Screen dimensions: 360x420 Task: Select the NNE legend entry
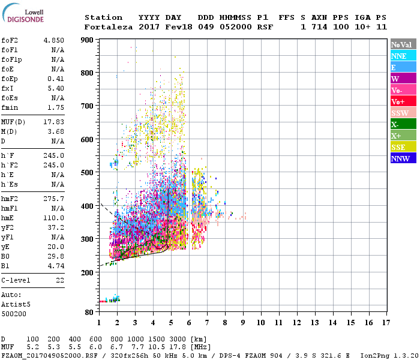coord(399,56)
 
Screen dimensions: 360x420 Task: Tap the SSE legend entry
coord(399,147)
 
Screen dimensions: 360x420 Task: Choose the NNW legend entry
coord(400,158)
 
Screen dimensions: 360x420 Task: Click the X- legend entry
coord(395,124)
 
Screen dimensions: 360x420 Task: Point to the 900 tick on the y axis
coord(88,40)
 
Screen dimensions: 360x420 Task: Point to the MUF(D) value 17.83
coord(54,122)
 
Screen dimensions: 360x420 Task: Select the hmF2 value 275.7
coord(54,199)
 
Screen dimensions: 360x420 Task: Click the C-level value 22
coord(60,280)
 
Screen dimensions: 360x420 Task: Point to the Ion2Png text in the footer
coord(374,355)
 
